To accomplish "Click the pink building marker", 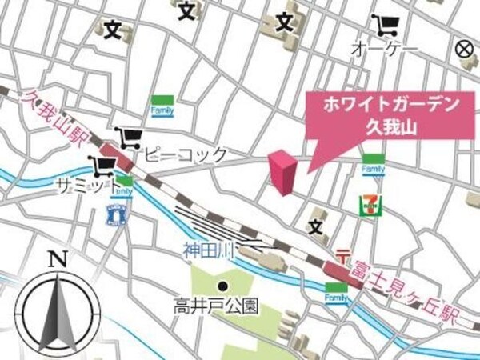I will pos(282,172).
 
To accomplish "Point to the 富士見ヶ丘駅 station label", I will pos(405,285).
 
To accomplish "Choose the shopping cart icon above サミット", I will pos(103,166).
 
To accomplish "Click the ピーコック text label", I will pos(186,154).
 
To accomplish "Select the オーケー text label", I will pos(384,50).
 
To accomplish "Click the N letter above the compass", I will pos(56,258).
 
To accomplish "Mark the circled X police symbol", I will pos(463,49).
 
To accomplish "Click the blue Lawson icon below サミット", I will pos(117,214).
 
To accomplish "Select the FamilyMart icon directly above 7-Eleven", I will pos(373,167).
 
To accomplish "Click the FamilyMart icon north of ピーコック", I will pos(163,104).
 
